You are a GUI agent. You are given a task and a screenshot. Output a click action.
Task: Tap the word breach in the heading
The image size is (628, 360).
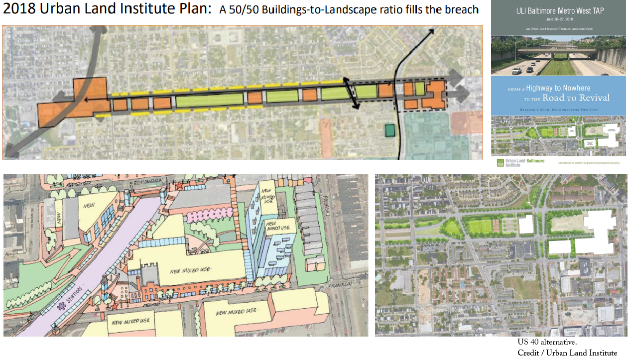461,10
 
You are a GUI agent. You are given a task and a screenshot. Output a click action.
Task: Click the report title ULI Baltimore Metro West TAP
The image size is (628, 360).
558,11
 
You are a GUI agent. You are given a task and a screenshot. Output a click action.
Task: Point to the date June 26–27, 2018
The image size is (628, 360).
558,19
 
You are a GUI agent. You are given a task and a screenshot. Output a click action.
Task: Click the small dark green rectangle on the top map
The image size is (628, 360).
390,130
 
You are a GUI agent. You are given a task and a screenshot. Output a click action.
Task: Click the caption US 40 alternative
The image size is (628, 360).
547,343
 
